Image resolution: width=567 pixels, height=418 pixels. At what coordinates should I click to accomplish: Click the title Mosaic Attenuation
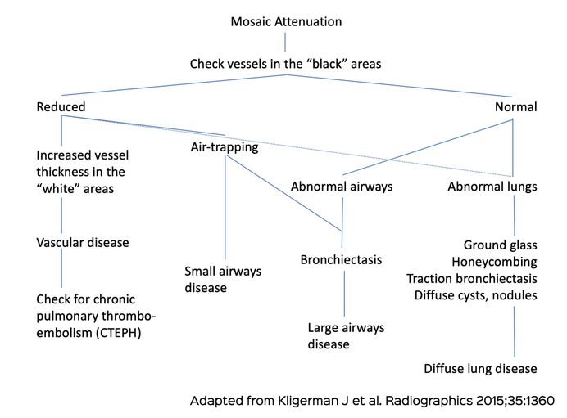click(285, 22)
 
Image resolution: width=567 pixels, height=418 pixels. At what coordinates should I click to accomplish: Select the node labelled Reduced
click(61, 107)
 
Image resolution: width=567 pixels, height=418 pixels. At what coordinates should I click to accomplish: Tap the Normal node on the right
click(515, 107)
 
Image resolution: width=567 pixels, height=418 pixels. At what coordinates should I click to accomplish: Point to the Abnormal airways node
click(342, 187)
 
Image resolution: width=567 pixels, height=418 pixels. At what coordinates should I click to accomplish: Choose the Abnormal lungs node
click(492, 187)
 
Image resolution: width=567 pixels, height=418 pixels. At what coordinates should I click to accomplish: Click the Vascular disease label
click(83, 243)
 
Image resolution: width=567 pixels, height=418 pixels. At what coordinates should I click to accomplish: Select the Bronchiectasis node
click(341, 259)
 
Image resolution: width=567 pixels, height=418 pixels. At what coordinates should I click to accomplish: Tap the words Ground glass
click(500, 245)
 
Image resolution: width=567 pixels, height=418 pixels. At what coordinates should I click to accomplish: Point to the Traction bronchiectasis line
click(472, 278)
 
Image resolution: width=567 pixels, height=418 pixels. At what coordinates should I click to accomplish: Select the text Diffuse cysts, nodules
click(476, 294)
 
